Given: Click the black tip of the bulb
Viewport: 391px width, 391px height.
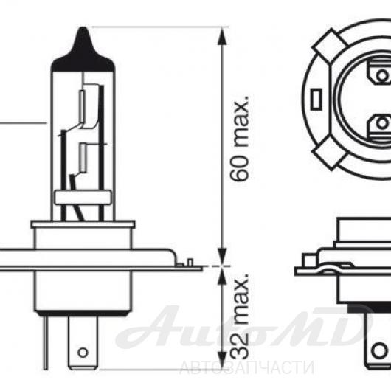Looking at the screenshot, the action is pyautogui.click(x=83, y=51).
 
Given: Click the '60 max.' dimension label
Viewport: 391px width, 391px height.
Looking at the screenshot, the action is pyautogui.click(x=239, y=138).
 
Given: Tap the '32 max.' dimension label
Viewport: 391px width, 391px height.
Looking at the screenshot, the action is pyautogui.click(x=239, y=316).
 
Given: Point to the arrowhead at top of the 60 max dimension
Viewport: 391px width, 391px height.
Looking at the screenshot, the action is pyautogui.click(x=222, y=35).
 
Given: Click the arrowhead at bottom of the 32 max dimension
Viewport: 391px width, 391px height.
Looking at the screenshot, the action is pyautogui.click(x=222, y=361).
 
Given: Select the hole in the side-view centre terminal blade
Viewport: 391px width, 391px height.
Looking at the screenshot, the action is pyautogui.click(x=83, y=353).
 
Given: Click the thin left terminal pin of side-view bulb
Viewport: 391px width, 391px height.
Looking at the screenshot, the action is pyautogui.click(x=46, y=342).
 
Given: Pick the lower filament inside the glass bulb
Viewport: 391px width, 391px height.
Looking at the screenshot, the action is pyautogui.click(x=83, y=157).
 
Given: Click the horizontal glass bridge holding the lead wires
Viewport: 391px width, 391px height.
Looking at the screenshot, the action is pyautogui.click(x=83, y=198).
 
